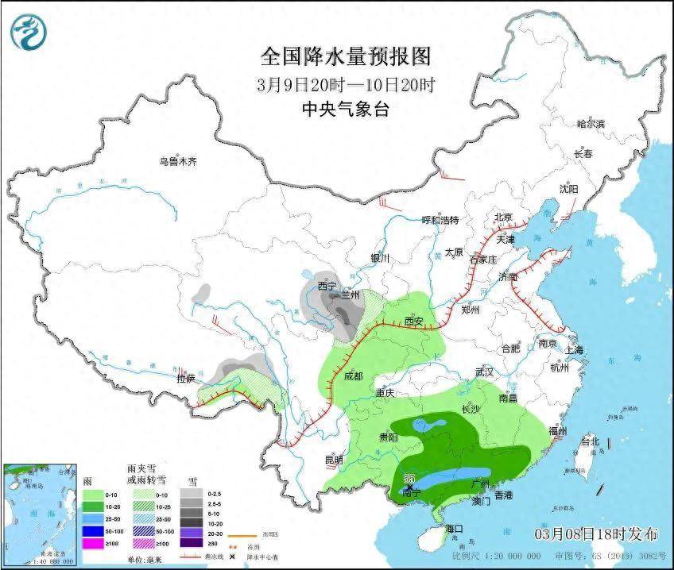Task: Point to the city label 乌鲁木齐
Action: [176, 161]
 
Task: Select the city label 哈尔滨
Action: [591, 124]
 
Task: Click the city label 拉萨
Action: [186, 379]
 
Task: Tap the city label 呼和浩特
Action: [440, 220]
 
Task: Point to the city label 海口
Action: [455, 528]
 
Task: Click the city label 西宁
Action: [327, 285]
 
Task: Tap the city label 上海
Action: [574, 350]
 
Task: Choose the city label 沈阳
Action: [568, 189]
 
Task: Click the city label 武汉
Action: [484, 372]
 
